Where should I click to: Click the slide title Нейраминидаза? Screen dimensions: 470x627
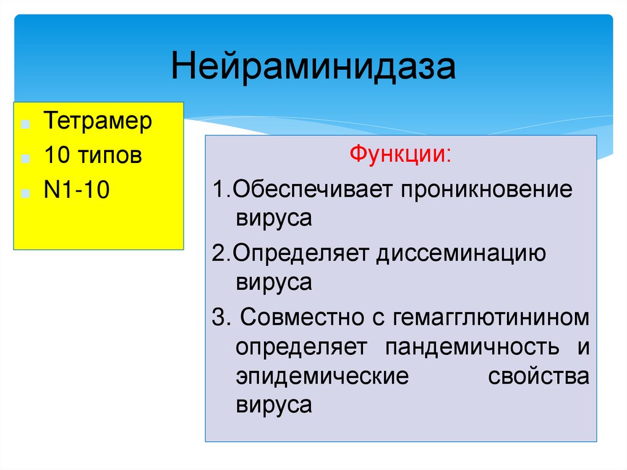(x=313, y=67)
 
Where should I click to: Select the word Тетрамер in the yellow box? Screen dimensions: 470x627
(x=97, y=121)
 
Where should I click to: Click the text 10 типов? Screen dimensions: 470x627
(x=92, y=156)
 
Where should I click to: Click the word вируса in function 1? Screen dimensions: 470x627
(x=274, y=219)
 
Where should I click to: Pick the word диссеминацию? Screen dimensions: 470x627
(x=460, y=252)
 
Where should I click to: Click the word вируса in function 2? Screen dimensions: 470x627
(x=274, y=283)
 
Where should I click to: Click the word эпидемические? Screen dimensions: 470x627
(x=321, y=376)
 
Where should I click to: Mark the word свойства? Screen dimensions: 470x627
(x=539, y=376)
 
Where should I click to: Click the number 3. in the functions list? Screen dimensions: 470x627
(x=219, y=317)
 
